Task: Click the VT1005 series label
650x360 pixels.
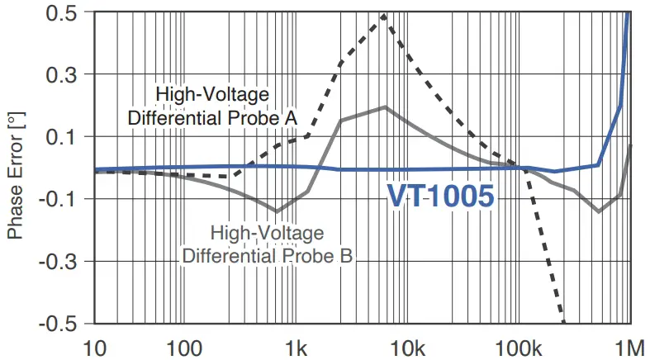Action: (441, 197)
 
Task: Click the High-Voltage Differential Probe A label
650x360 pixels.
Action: (212, 105)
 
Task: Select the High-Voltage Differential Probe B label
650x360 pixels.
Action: (268, 244)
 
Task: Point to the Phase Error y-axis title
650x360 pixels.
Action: (14, 178)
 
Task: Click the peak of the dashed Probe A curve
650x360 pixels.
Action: (384, 15)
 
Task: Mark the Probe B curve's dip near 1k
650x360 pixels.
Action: (277, 211)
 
